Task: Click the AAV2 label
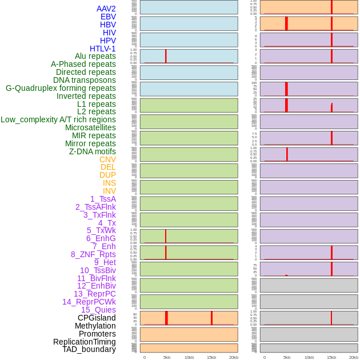coord(106,9)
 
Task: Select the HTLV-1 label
coord(103,49)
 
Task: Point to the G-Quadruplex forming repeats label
coord(61,88)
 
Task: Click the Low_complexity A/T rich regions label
coord(58,119)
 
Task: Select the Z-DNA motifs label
coord(93,151)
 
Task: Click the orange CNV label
coord(107,159)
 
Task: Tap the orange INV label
coord(109,191)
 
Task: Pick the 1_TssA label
coord(103,199)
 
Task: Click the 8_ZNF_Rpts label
coord(93,254)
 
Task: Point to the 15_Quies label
coord(98,310)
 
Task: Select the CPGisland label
coord(97,318)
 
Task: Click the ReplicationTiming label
coord(85,342)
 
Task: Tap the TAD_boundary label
coord(89,349)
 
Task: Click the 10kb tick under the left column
coord(189,357)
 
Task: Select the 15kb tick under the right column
coord(331,357)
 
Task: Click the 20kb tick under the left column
coord(234,357)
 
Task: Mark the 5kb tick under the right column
coord(287,357)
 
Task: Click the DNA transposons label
coord(85,80)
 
